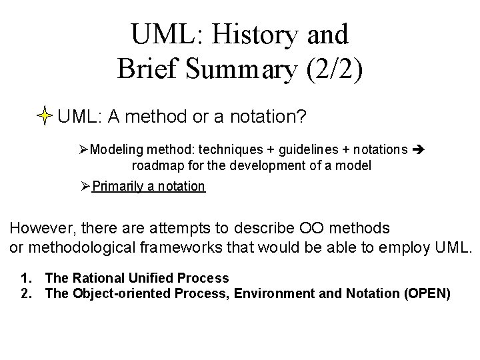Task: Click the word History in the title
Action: [250, 33]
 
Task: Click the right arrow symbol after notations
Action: [419, 149]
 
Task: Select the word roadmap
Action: [155, 164]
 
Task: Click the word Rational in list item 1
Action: [101, 278]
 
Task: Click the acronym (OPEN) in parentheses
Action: [427, 293]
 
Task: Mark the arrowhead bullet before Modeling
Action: [83, 149]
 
